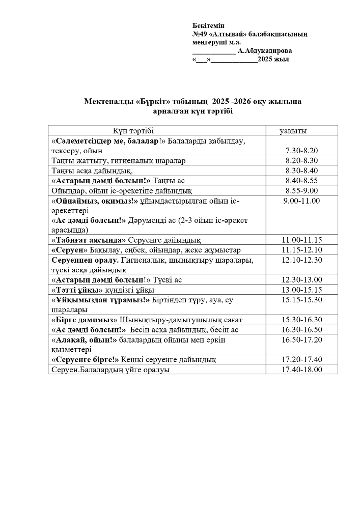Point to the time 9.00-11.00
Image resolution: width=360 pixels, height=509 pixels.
point(301,201)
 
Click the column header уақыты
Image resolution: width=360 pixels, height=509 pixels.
point(293,131)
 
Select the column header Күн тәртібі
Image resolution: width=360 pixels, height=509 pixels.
point(133,131)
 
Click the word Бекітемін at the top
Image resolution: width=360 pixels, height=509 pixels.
point(208,26)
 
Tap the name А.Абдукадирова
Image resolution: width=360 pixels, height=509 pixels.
point(265,51)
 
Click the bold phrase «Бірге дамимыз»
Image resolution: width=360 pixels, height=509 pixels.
point(85,320)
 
